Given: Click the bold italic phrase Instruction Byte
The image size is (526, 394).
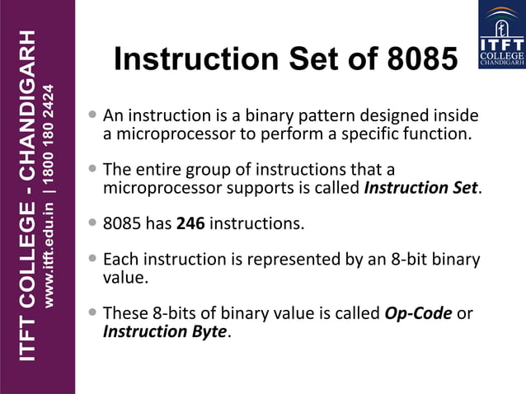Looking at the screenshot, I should point(163,332).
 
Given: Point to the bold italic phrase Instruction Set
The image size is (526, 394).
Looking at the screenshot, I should point(420,188).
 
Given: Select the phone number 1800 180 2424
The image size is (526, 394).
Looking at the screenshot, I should point(49,131).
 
